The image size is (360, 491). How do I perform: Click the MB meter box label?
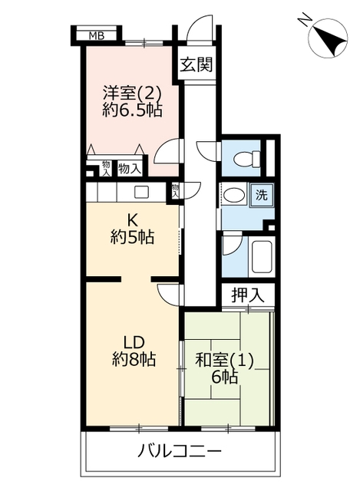point(97,36)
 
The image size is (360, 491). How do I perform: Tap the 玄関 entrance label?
point(197,64)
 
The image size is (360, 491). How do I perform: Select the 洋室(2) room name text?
point(132,94)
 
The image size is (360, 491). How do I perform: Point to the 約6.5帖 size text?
point(132,110)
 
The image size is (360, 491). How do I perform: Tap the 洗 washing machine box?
point(262,196)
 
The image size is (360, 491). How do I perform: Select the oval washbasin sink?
point(235,196)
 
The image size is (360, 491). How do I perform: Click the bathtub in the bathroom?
point(262,256)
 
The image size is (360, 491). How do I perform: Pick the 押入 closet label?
point(248,295)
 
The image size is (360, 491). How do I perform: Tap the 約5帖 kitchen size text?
point(132,237)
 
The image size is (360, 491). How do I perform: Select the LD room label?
point(134,343)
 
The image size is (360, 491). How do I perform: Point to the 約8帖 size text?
point(134,359)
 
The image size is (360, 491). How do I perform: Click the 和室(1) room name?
point(224,361)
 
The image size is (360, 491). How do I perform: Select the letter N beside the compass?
point(304,19)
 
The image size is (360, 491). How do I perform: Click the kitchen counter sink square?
point(141,193)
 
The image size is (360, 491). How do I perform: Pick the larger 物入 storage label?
point(130,169)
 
